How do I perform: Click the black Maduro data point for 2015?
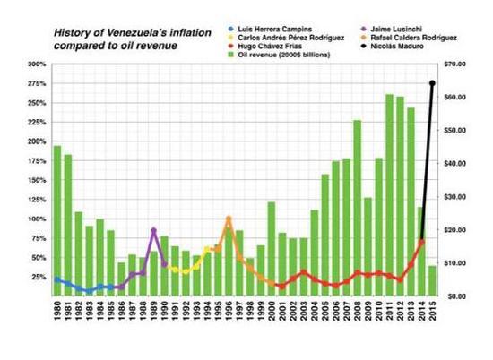432,83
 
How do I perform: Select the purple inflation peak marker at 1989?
154,230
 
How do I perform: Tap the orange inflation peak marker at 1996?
229,219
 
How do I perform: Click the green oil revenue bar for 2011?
389,195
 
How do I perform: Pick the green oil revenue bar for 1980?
57,221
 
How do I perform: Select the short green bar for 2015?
432,281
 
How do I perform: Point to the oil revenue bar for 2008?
357,208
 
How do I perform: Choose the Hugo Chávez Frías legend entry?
265,47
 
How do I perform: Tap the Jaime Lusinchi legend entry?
392,30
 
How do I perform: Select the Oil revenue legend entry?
279,55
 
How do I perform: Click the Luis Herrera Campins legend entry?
271,30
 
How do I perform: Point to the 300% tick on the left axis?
37,64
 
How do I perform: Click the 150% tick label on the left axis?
37,180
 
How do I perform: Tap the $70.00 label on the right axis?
455,64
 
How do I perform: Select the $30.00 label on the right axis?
455,197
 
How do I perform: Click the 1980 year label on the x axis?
57,311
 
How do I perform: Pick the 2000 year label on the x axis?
272,311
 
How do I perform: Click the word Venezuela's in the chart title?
137,32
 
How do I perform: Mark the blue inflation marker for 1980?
56,279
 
